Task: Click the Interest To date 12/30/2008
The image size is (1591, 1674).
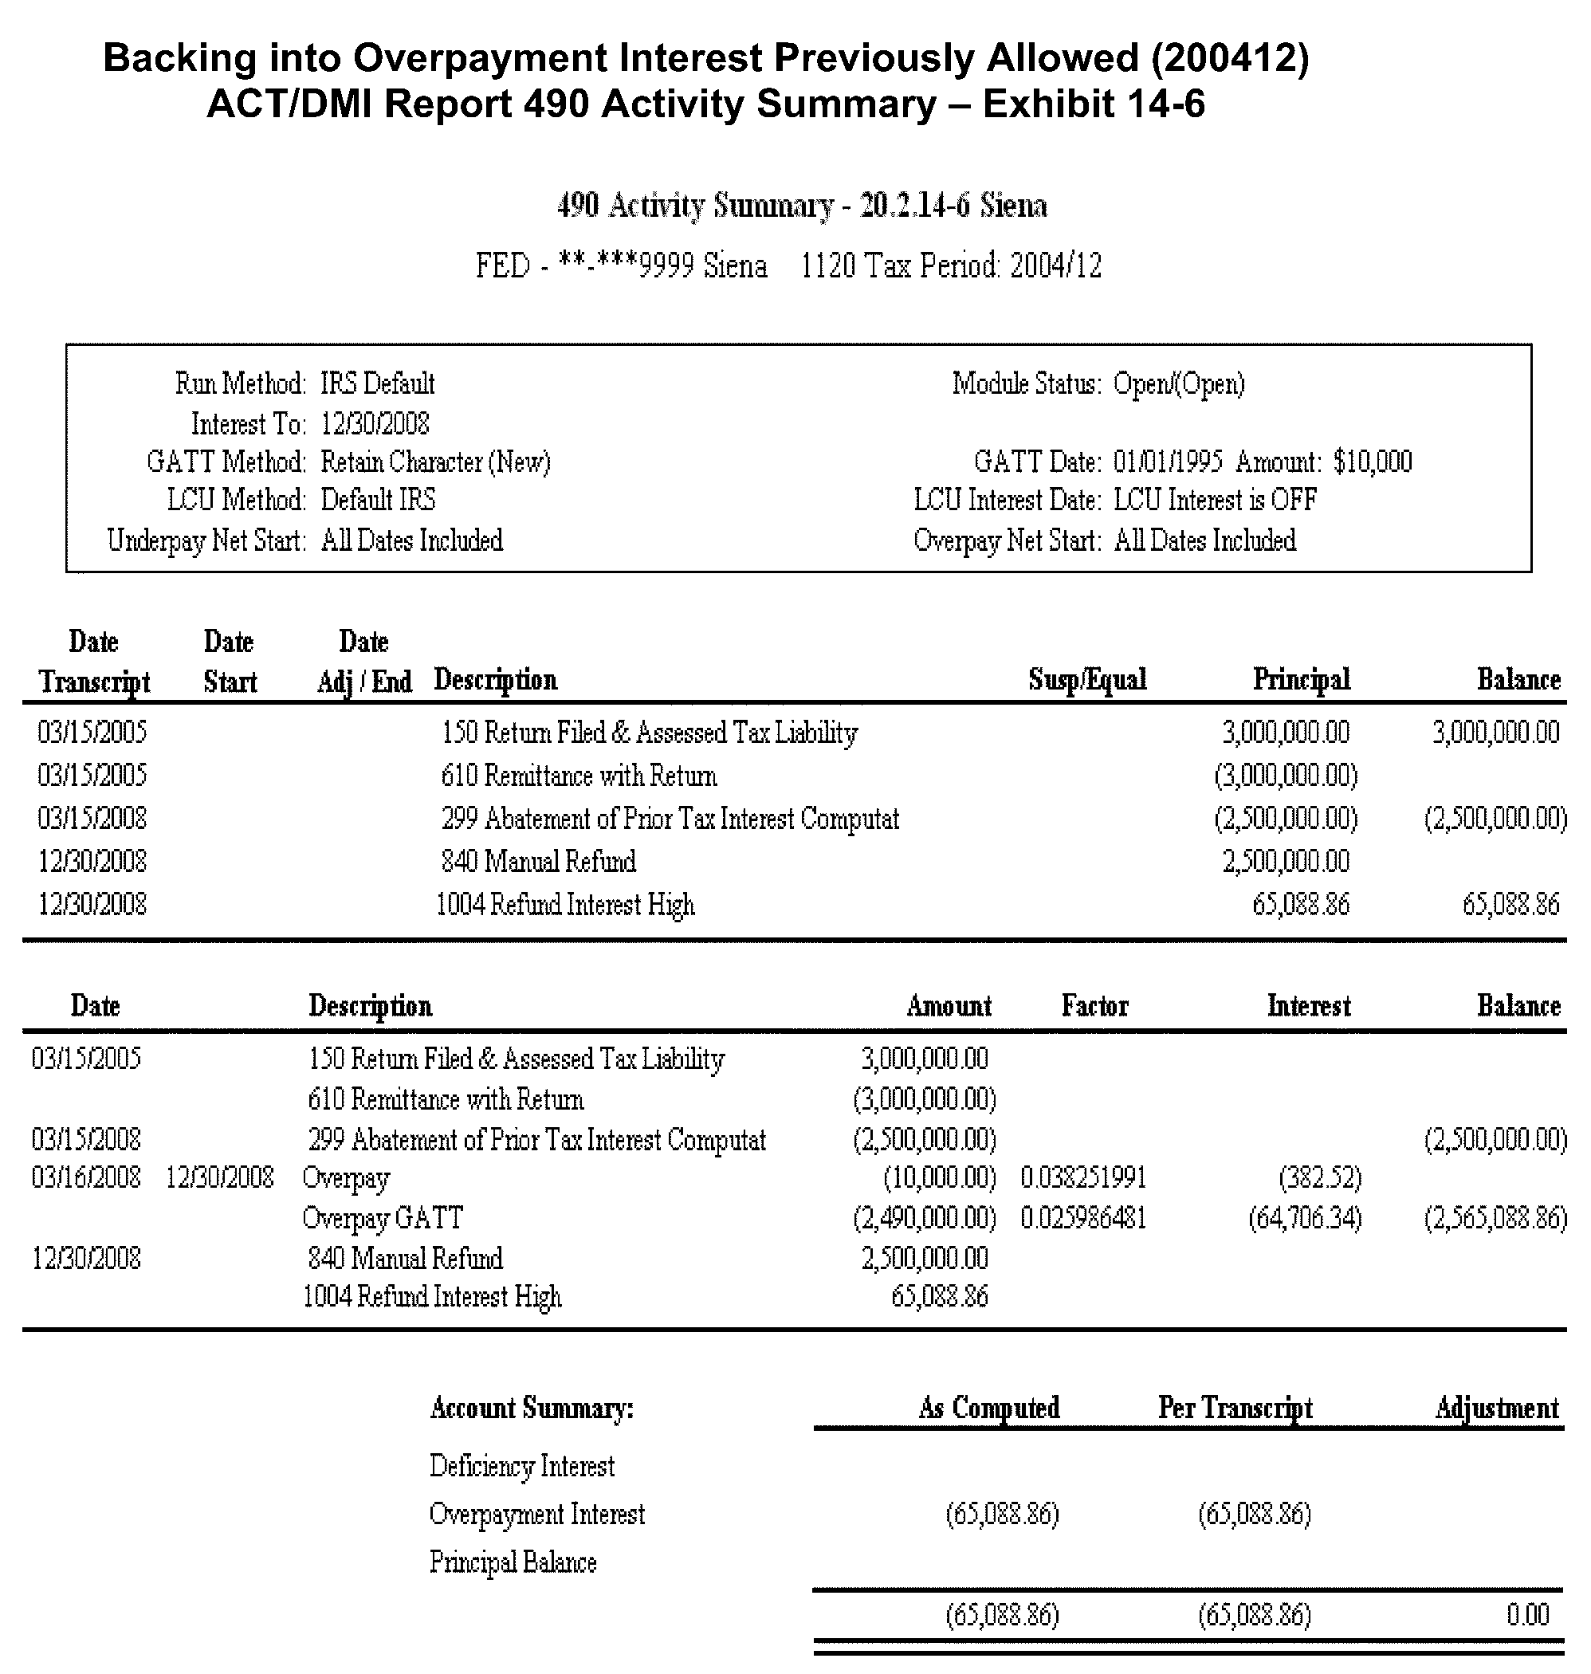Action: pos(375,423)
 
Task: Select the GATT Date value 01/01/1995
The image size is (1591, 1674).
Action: pos(1168,462)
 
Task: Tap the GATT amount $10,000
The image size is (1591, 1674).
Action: pos(1372,462)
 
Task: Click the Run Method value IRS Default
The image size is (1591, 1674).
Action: pos(377,384)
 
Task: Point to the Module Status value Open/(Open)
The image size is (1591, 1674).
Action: pos(1179,384)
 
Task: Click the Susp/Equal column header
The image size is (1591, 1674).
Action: pos(1087,679)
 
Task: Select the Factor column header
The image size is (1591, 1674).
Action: pos(1095,1006)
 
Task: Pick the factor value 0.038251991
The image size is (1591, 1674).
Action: pos(1083,1178)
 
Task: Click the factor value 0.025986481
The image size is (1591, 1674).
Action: pos(1083,1219)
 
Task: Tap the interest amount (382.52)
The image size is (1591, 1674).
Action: pos(1320,1178)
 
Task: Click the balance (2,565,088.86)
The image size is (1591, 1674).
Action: pos(1495,1219)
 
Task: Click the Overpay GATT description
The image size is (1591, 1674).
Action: pos(383,1219)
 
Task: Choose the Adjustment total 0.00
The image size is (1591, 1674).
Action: pos(1527,1613)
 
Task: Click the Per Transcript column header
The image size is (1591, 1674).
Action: pos(1235,1408)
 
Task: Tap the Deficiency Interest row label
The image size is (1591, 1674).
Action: pos(521,1466)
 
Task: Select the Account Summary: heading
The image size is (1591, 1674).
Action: pos(532,1408)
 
